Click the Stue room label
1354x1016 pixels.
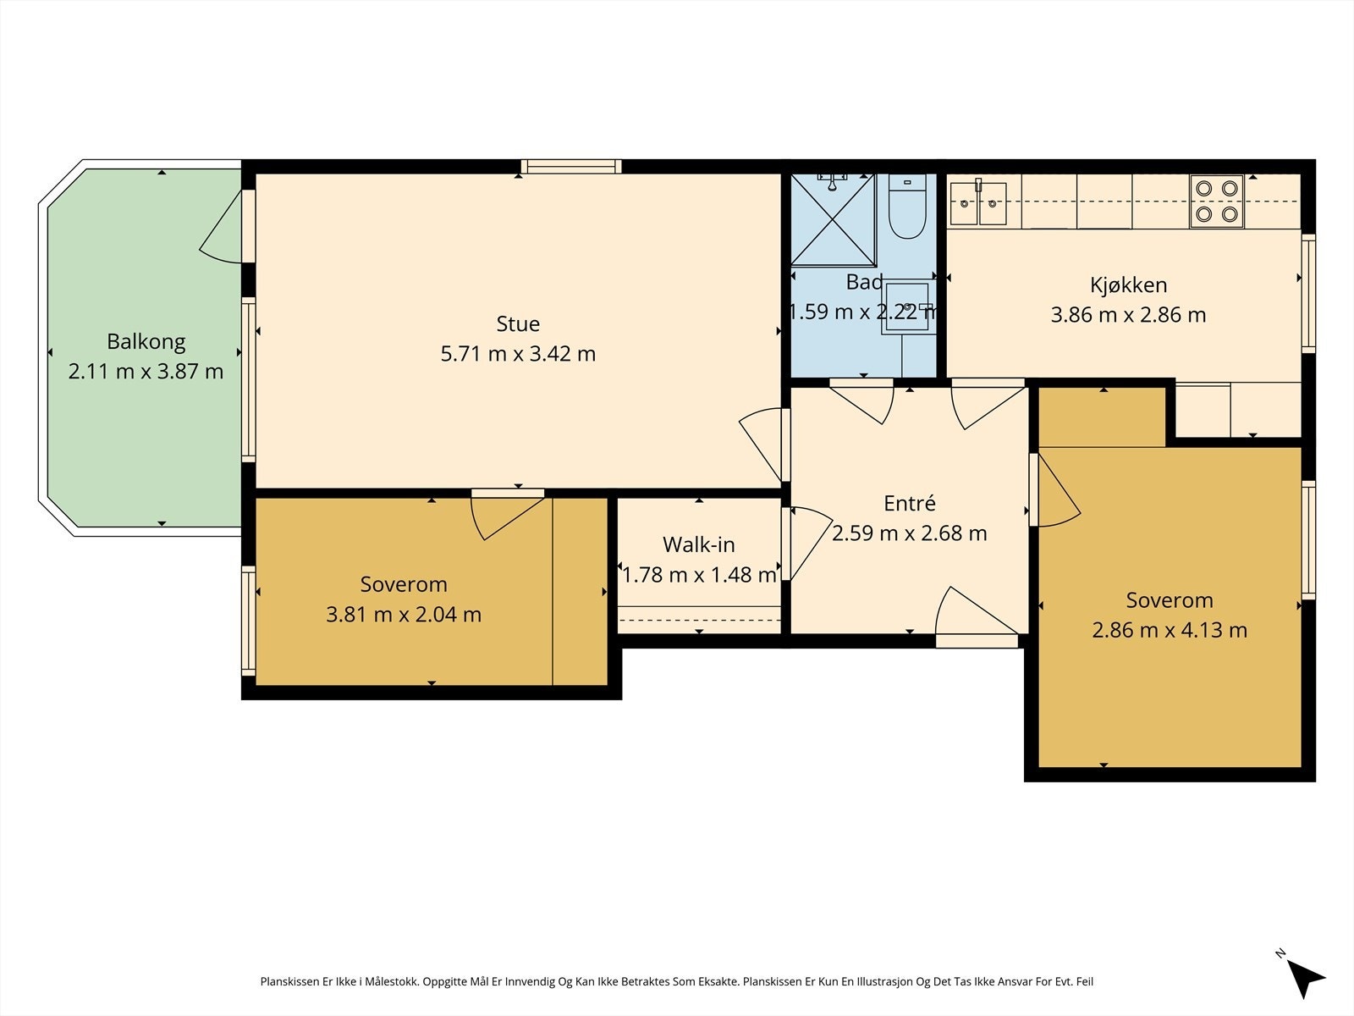click(x=518, y=324)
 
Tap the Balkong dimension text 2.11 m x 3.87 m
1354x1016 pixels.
click(x=146, y=372)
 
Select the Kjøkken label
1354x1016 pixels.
click(x=1128, y=285)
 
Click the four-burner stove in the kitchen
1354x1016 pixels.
click(x=1216, y=202)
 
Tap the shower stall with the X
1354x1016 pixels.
click(x=833, y=219)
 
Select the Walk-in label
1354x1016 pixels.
click(x=698, y=544)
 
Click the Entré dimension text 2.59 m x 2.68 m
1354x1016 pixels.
click(x=909, y=533)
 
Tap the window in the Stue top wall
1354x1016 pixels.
click(x=570, y=167)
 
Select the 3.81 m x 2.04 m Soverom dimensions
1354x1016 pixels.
click(x=404, y=615)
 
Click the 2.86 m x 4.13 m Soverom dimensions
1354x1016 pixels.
click(x=1170, y=630)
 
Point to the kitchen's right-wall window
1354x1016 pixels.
click(x=1308, y=294)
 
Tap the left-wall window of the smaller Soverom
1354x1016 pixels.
click(x=248, y=621)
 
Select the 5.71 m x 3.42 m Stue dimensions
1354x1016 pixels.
click(x=518, y=354)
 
